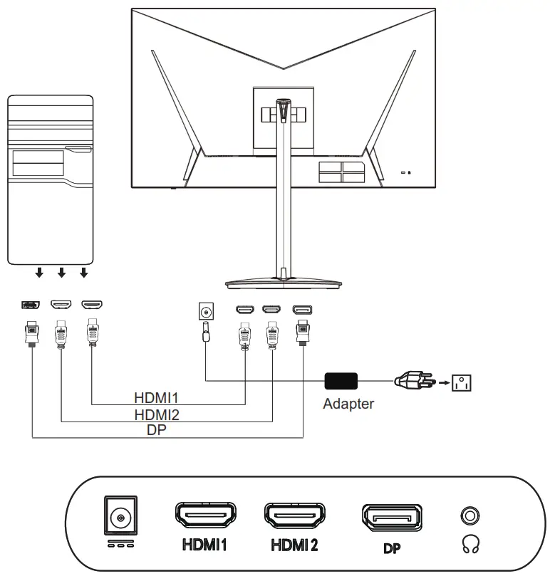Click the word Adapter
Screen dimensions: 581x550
(x=348, y=404)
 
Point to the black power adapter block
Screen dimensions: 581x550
(x=341, y=382)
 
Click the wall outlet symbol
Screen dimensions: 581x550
(x=462, y=383)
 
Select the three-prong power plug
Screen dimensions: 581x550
(x=411, y=382)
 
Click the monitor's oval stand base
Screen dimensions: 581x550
(x=284, y=283)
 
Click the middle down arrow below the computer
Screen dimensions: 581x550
(x=62, y=272)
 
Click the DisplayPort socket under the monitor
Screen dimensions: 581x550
(x=303, y=310)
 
